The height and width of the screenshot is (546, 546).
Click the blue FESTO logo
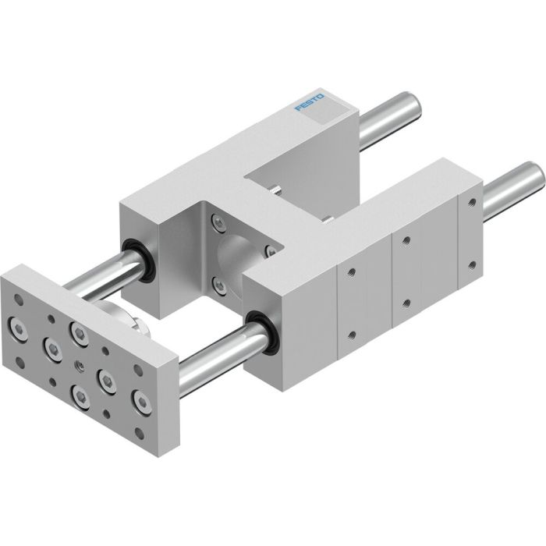click(x=310, y=101)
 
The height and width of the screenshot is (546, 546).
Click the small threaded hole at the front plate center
click(x=79, y=364)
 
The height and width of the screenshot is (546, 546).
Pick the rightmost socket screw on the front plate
click(x=140, y=402)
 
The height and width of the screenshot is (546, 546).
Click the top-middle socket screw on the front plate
click(x=78, y=333)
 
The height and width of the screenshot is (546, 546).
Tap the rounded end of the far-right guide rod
click(x=534, y=179)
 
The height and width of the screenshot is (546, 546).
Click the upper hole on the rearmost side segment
click(x=471, y=201)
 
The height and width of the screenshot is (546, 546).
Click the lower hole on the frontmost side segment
click(x=350, y=335)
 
